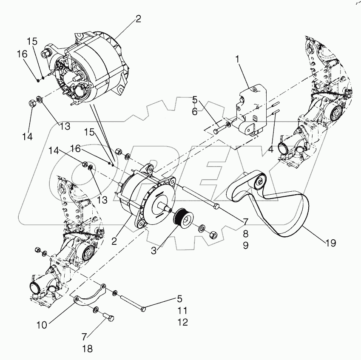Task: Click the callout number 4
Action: tap(270, 150)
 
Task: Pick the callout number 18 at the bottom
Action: tap(87, 349)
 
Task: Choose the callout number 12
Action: tap(182, 323)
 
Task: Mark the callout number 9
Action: tap(246, 245)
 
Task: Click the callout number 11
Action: tap(182, 310)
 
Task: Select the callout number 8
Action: tap(246, 233)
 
